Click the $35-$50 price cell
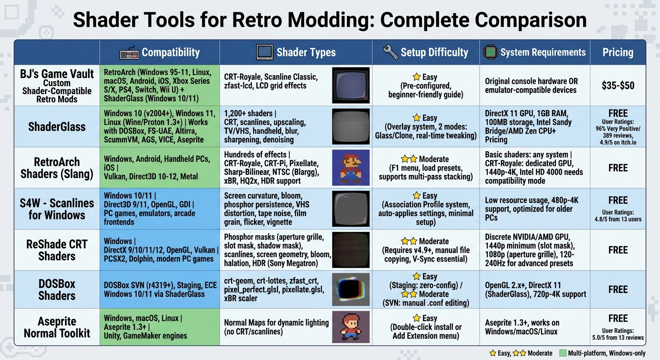click(x=618, y=85)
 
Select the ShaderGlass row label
click(x=57, y=127)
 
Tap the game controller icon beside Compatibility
click(x=129, y=52)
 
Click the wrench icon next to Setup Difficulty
click(x=390, y=52)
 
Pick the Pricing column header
click(x=618, y=52)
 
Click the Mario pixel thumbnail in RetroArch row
click(x=351, y=167)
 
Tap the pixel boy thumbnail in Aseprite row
click(x=351, y=327)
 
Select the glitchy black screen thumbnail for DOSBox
click(x=351, y=289)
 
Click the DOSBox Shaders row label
click(x=57, y=289)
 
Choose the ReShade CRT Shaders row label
click(x=57, y=250)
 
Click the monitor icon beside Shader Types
click(x=264, y=52)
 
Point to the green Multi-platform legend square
click(x=562, y=353)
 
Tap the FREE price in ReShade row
click(x=618, y=250)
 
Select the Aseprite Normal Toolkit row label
click(x=57, y=327)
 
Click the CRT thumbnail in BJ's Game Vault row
click(x=351, y=85)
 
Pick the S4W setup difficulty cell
click(x=426, y=209)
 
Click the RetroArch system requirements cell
click(x=534, y=167)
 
